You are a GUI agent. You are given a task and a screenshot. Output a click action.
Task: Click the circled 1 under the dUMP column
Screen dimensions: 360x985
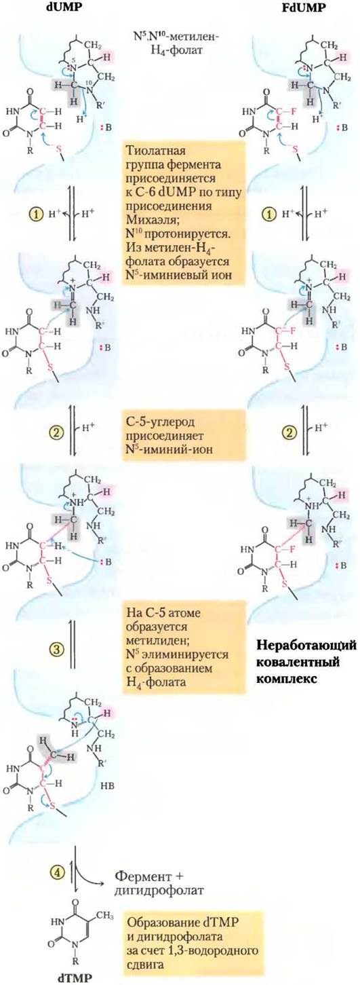(37, 214)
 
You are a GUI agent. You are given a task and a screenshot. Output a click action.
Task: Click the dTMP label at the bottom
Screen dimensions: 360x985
(75, 978)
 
